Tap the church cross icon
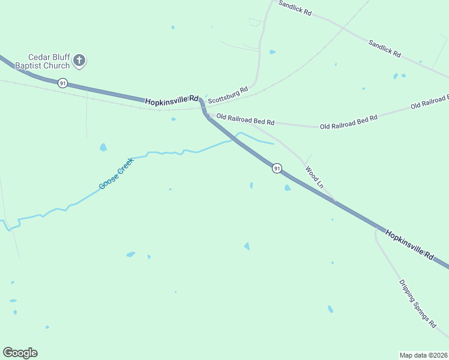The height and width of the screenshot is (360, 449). click(80, 60)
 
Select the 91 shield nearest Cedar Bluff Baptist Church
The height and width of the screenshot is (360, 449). click(62, 83)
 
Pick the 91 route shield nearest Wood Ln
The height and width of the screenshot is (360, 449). click(276, 169)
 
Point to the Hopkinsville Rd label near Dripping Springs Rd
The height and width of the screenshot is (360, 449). click(409, 244)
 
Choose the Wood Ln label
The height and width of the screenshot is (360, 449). click(314, 178)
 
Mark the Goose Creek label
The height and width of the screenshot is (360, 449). click(116, 174)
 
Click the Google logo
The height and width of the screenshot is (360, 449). click(20, 353)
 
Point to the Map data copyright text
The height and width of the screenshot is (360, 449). click(423, 355)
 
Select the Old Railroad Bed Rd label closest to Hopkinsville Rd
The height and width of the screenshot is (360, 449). click(245, 119)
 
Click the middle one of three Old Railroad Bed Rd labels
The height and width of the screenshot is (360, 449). click(349, 122)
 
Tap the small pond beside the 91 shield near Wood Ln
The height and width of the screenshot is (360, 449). click(287, 188)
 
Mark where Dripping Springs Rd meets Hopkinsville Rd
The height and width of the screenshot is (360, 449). click(378, 228)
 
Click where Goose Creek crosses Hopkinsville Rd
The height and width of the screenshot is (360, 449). click(235, 140)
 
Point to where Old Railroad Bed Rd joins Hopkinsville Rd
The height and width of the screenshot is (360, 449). click(208, 114)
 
